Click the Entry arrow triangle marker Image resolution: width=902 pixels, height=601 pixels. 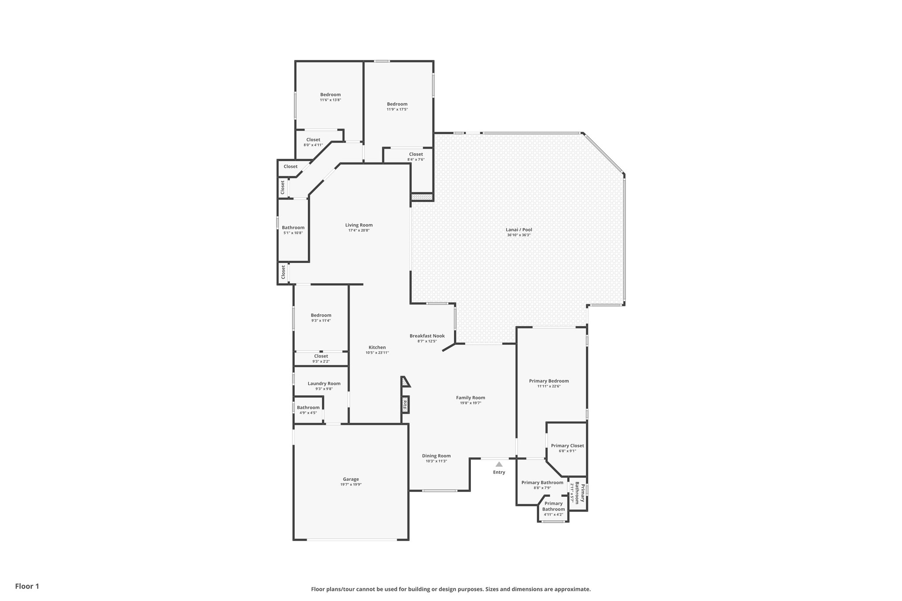[499, 464]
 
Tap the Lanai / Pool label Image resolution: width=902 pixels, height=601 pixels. [519, 229]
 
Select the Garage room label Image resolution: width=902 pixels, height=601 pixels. [351, 479]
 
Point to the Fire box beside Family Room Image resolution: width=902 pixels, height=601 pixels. [405, 403]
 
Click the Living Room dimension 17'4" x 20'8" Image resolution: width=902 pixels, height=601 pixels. [359, 230]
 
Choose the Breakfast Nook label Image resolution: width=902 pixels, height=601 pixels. [427, 336]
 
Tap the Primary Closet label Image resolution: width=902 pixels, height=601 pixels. [567, 446]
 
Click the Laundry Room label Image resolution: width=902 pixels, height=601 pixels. [324, 383]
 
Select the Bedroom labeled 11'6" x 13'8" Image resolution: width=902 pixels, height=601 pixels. [330, 95]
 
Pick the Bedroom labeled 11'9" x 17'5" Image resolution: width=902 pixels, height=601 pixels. [397, 104]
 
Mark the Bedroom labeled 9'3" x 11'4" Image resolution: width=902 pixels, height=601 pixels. [321, 315]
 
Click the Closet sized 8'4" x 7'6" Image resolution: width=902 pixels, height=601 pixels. [416, 154]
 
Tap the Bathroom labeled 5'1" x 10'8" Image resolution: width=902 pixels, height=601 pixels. [293, 228]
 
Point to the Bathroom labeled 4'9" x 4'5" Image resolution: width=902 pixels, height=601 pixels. [308, 408]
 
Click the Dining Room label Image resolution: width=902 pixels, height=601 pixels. [436, 456]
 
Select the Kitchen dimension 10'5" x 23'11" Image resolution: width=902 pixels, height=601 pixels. [377, 353]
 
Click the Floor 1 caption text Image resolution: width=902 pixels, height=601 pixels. [27, 586]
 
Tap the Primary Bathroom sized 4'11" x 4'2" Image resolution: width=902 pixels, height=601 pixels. [553, 506]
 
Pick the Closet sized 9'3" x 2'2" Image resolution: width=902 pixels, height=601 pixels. [321, 356]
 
